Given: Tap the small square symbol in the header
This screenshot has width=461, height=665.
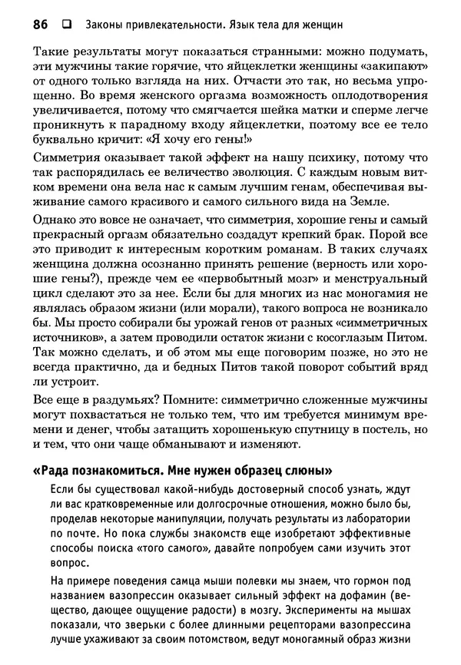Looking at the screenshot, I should [66, 25].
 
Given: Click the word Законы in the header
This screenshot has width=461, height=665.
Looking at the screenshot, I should [108, 25].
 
